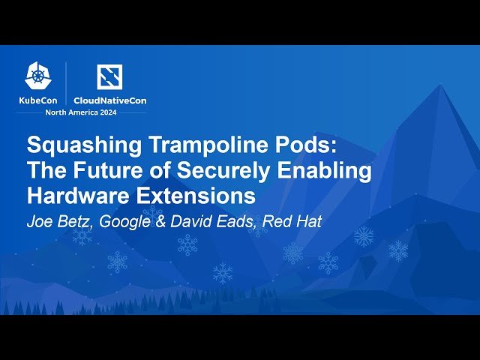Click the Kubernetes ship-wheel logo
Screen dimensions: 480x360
(38, 76)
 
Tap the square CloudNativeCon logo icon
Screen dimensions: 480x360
(109, 76)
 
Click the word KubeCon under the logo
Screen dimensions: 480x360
(38, 100)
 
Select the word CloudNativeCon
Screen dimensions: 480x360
(110, 100)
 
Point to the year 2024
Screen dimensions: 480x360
(108, 112)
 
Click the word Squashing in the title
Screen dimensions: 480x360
(84, 145)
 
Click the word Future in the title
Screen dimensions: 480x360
(107, 170)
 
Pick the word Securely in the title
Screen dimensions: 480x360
(223, 171)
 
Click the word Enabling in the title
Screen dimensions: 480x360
(324, 171)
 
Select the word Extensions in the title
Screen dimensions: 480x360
(196, 196)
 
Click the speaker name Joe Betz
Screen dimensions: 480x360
(60, 221)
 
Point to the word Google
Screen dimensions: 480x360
(125, 222)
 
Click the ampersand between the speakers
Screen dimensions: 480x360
(160, 221)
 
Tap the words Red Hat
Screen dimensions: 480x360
(292, 221)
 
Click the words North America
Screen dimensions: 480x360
(72, 112)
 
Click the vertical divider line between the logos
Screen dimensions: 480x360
(66, 82)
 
